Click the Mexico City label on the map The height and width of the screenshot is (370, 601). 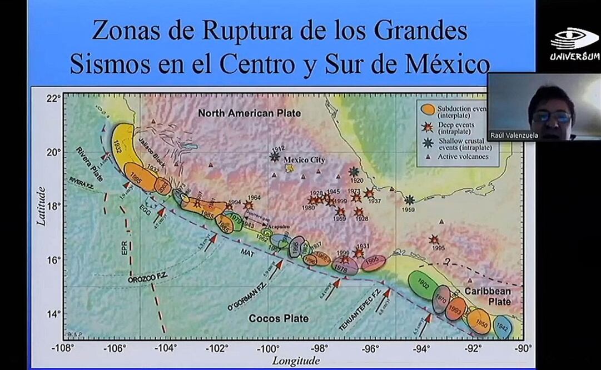click(304, 160)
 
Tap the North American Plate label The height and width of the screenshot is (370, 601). click(250, 113)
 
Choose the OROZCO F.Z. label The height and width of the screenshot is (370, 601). click(148, 279)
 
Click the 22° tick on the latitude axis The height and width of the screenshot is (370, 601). click(53, 99)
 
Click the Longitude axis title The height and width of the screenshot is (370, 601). click(296, 361)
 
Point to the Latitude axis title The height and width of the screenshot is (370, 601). click(41, 206)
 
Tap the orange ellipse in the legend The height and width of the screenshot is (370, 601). click(428, 109)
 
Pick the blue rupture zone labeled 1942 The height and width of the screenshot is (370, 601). click(502, 327)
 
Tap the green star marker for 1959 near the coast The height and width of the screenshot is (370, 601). click(410, 200)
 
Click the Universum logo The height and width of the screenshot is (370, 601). click(574, 44)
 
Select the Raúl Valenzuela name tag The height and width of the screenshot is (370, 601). click(514, 135)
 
